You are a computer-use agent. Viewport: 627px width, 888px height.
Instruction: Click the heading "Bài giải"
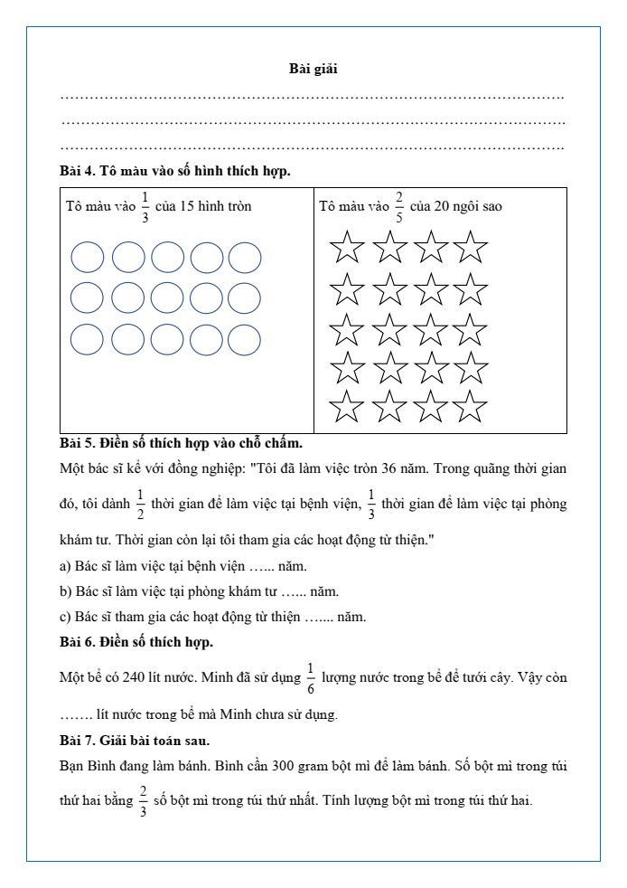click(313, 69)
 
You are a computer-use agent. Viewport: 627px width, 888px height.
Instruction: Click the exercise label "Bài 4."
click(78, 170)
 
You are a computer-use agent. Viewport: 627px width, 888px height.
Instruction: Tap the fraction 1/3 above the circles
click(145, 206)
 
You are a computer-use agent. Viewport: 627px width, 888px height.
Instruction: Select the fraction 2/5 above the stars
click(398, 206)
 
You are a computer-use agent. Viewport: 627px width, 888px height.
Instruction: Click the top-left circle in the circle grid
click(88, 257)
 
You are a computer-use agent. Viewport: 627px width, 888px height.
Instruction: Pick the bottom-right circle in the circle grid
click(245, 340)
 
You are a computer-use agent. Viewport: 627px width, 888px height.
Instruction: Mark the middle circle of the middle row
click(167, 298)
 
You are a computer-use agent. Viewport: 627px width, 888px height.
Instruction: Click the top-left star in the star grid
click(348, 246)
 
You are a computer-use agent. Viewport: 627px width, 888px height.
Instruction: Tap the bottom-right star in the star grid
click(470, 408)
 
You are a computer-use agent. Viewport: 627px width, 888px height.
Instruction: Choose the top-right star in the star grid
click(470, 246)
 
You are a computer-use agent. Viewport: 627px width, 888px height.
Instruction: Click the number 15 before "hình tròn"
click(187, 206)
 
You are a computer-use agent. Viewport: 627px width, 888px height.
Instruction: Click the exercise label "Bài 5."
click(78, 443)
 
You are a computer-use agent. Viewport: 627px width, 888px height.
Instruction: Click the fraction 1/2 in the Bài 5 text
click(140, 503)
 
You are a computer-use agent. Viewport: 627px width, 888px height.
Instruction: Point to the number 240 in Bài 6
click(134, 677)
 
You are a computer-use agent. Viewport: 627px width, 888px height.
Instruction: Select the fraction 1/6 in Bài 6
click(310, 677)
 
